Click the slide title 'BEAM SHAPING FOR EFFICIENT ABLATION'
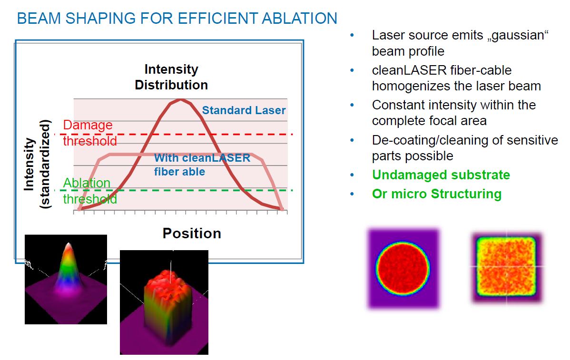(x=177, y=19)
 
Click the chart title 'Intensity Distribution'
(x=171, y=77)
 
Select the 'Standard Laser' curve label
(x=244, y=110)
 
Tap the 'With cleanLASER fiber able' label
(x=202, y=165)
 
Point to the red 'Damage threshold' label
(x=90, y=133)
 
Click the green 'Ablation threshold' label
(x=90, y=191)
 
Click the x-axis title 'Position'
(x=192, y=233)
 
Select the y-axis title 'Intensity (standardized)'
(x=37, y=164)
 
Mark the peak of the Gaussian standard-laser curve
(x=180, y=99)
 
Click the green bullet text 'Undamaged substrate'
(x=441, y=175)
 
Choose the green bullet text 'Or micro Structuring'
(x=437, y=194)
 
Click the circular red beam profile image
(x=403, y=269)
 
